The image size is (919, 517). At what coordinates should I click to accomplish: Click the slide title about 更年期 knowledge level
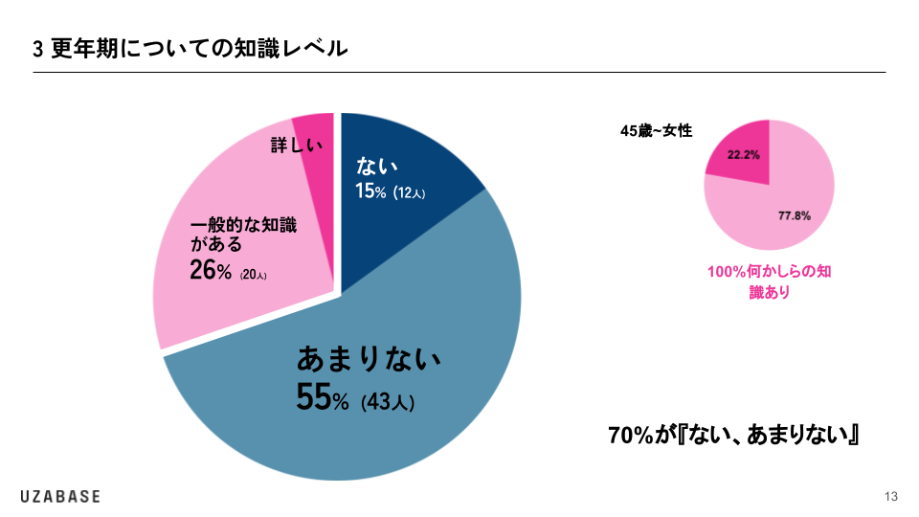pos(191,48)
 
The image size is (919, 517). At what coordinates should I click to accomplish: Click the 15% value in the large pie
pos(370,191)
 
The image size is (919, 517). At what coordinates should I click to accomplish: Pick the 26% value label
pos(211,272)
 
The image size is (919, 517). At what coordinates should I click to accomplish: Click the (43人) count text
pos(388,402)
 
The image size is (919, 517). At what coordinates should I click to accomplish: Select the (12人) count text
pos(409,193)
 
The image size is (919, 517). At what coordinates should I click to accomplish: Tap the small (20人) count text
pos(254,276)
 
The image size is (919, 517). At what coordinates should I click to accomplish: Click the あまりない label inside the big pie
pos(369,360)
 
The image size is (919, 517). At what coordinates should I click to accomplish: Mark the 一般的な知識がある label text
pos(242,236)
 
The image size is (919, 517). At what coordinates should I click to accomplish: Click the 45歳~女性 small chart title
pos(656,131)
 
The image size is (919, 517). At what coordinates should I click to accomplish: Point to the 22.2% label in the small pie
pos(744,154)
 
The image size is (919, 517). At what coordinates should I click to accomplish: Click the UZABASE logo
pos(60,496)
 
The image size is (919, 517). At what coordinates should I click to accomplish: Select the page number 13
pos(890,496)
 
